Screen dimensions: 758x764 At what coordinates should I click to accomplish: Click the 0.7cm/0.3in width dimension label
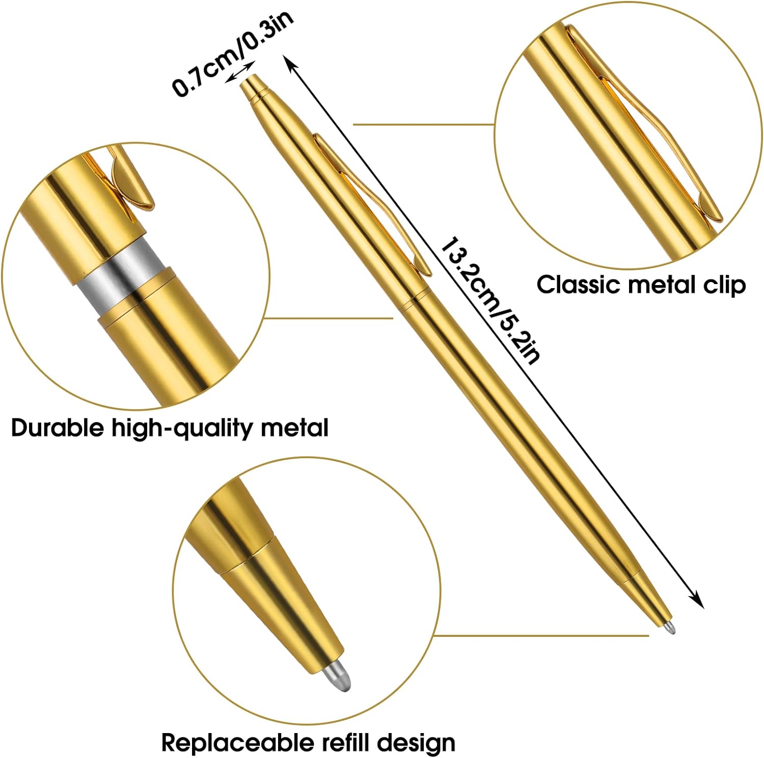point(233,53)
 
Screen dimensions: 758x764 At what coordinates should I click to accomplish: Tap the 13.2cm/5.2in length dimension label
point(489,300)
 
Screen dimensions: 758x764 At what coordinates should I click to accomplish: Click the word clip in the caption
point(724,285)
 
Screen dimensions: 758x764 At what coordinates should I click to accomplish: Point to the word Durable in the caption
point(57,428)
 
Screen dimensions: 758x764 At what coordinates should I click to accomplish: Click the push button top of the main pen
point(251,86)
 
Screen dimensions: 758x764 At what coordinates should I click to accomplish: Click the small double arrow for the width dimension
point(239,71)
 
